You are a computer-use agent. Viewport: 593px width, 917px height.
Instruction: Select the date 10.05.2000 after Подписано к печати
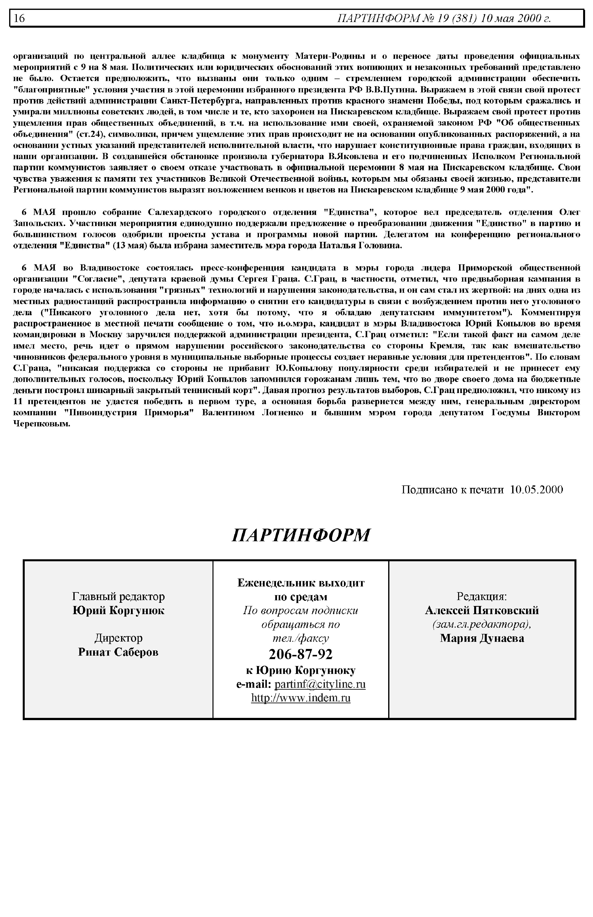[x=536, y=489]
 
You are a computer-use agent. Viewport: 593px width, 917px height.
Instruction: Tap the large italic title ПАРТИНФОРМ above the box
[x=301, y=535]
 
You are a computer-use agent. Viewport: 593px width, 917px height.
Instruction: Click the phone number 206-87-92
[x=300, y=654]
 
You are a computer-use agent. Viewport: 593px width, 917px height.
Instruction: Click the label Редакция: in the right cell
[x=482, y=596]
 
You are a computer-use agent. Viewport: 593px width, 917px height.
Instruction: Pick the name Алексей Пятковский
[x=482, y=610]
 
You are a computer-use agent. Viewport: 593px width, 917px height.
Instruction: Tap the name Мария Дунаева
[x=482, y=638]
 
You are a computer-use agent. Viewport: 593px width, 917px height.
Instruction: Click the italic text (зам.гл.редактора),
[x=482, y=624]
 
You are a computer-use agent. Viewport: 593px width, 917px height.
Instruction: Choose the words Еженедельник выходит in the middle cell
[x=301, y=583]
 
